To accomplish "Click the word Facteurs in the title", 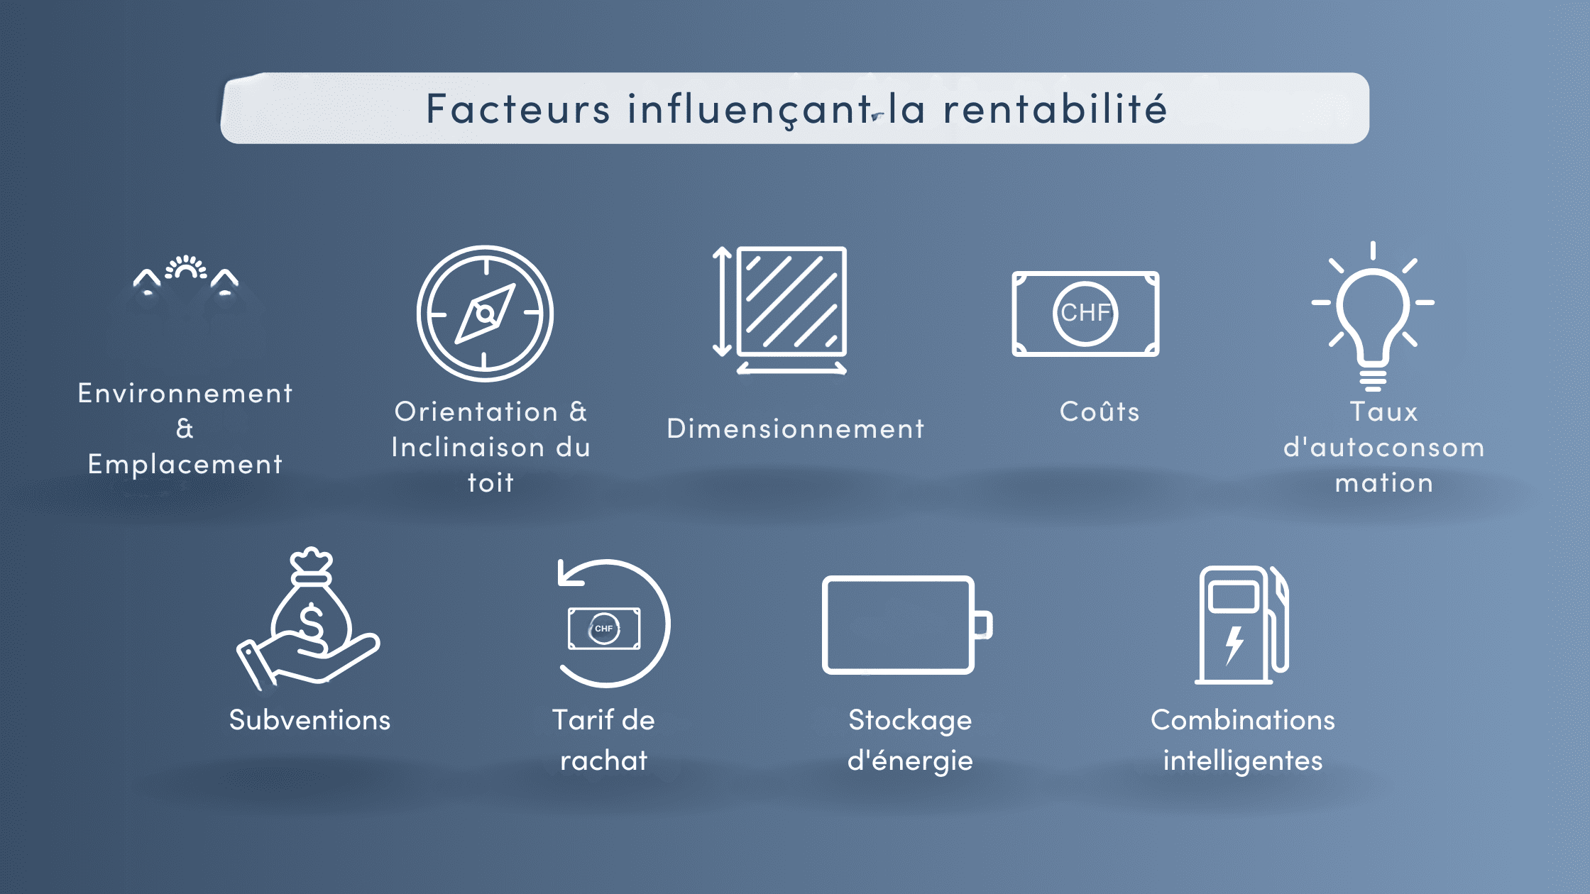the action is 517,109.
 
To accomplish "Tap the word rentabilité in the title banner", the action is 1055,109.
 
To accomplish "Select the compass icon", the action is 485,314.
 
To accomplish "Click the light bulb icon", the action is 1373,316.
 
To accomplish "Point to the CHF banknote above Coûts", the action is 1085,314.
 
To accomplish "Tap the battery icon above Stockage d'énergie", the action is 907,624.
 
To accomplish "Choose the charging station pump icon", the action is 1242,624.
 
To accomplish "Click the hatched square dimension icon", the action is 792,301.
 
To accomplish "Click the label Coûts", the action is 1100,412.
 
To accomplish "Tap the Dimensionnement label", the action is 796,429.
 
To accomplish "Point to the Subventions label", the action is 309,720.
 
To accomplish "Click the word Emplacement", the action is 185,465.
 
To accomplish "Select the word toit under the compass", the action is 490,482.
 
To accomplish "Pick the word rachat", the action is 604,761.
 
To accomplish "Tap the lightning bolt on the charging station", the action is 1234,645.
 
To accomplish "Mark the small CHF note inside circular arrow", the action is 604,629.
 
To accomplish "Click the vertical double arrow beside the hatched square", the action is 722,301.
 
